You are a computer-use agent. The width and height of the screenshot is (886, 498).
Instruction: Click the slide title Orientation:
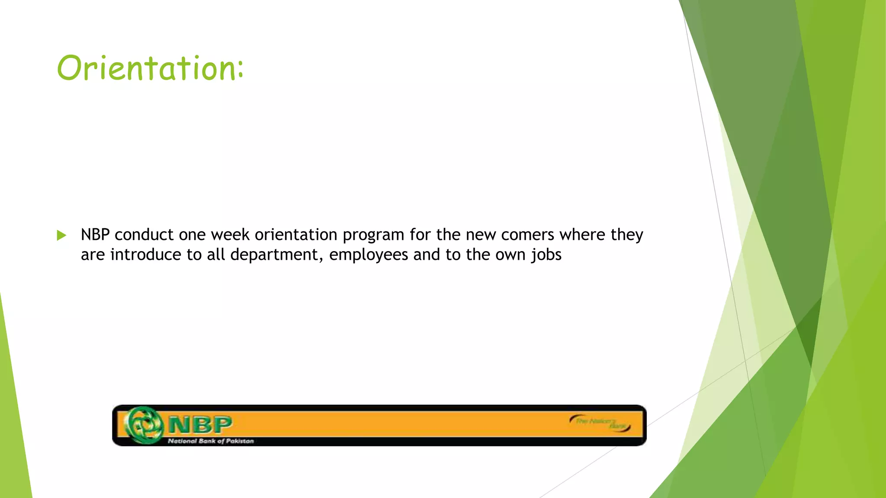click(x=150, y=68)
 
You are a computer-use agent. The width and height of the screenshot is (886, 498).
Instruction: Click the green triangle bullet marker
click(x=61, y=236)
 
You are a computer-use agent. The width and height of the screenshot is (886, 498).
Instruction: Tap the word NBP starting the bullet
click(x=95, y=235)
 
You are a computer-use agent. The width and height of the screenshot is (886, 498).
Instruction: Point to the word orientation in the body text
click(x=296, y=235)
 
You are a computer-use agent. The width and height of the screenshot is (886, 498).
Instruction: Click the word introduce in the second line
click(x=146, y=255)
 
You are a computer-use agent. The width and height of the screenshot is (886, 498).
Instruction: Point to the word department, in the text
click(x=277, y=255)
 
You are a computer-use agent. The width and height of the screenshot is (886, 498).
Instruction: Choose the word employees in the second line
click(x=369, y=255)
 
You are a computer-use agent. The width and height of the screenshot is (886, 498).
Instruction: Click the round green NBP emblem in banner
click(x=144, y=425)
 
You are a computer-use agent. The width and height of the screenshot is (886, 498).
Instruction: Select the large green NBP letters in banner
click(x=200, y=425)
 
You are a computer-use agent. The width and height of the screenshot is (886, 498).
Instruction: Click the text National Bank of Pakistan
click(x=211, y=441)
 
